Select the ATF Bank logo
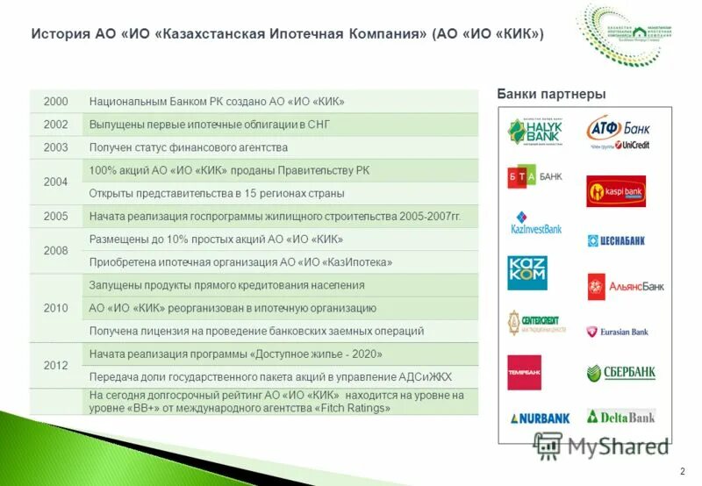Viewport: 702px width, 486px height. click(618, 132)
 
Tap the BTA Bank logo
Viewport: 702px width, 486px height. click(534, 177)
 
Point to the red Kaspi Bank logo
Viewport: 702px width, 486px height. click(616, 190)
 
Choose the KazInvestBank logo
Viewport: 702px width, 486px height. click(535, 223)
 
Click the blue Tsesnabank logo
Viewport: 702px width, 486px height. click(616, 240)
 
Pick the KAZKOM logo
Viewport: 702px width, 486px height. click(527, 272)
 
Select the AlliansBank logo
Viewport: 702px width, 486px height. click(626, 286)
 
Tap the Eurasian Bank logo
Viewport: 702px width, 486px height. click(618, 332)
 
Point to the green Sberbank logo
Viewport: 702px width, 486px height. click(620, 373)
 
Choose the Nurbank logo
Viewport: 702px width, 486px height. click(539, 418)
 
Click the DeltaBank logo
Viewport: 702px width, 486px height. click(620, 416)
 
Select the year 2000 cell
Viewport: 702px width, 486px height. click(55, 102)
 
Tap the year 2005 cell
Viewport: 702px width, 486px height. click(55, 216)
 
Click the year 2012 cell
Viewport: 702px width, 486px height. click(55, 365)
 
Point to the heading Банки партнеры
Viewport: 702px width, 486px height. click(551, 94)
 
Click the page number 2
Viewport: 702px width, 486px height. click(683, 472)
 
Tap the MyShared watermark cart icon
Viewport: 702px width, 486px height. click(548, 445)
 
